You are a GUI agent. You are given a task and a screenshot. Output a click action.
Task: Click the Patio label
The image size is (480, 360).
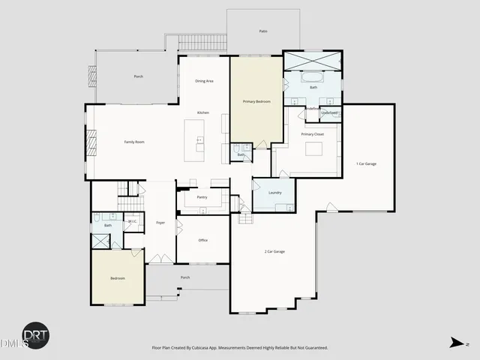[x=263, y=31]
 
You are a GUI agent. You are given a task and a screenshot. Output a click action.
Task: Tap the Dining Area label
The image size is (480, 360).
[x=205, y=81]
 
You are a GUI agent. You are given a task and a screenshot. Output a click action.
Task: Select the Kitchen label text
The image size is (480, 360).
[x=202, y=112]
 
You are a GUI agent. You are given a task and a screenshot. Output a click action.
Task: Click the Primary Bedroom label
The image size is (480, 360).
[x=256, y=100]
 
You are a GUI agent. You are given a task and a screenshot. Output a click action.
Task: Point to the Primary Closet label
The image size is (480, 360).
[x=312, y=133]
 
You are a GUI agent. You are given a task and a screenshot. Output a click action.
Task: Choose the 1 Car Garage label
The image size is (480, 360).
[x=366, y=163]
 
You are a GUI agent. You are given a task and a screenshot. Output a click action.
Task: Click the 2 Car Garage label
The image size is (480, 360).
[x=274, y=251]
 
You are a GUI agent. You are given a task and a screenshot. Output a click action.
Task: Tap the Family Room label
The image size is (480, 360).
[x=134, y=142]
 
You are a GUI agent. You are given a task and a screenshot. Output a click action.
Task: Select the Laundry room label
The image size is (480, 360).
[x=274, y=193]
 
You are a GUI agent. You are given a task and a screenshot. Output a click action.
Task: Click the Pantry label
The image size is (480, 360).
[x=202, y=197]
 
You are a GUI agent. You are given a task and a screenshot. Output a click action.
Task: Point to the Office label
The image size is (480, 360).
[x=202, y=240]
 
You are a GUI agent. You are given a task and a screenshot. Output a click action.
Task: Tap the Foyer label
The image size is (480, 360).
[x=160, y=223]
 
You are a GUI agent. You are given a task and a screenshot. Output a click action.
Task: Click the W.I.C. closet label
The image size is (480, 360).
[x=132, y=221]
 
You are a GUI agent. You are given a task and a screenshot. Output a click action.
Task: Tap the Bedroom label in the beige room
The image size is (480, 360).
[x=118, y=278]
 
